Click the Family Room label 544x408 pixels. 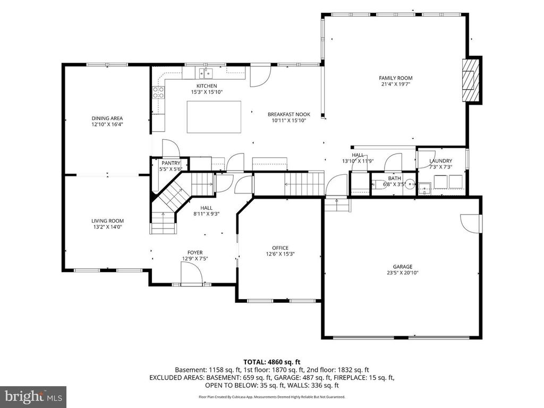(396, 78)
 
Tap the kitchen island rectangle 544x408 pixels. (214, 117)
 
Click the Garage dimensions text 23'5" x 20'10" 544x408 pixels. (403, 273)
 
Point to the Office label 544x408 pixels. (280, 248)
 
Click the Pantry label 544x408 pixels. (171, 163)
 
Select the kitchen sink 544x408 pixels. (205, 73)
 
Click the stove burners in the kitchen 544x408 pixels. (158, 93)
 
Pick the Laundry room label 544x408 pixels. (440, 161)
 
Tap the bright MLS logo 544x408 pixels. (33, 396)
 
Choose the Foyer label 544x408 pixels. (194, 252)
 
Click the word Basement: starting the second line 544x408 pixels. (190, 369)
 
